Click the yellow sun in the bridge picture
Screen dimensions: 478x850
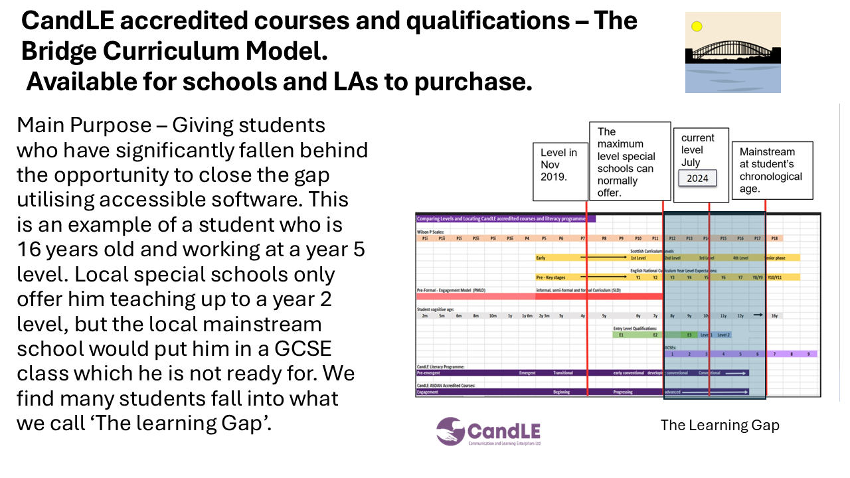(697, 27)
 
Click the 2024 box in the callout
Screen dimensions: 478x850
(697, 178)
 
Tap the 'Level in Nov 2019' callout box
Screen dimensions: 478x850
(560, 171)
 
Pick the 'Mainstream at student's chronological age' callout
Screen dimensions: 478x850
(772, 170)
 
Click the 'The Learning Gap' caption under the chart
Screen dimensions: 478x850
(720, 425)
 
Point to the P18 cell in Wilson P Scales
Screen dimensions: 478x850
(774, 238)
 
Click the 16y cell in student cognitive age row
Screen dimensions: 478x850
(774, 316)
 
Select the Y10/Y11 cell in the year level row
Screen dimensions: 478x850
(775, 278)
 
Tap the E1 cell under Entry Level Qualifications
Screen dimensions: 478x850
(621, 335)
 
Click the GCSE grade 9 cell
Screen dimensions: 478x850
(808, 355)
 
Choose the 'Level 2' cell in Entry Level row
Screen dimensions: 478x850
(723, 335)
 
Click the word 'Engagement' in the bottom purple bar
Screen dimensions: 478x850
(428, 392)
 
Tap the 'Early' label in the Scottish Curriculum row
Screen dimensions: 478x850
(542, 258)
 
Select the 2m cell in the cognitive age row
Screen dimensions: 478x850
(424, 316)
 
